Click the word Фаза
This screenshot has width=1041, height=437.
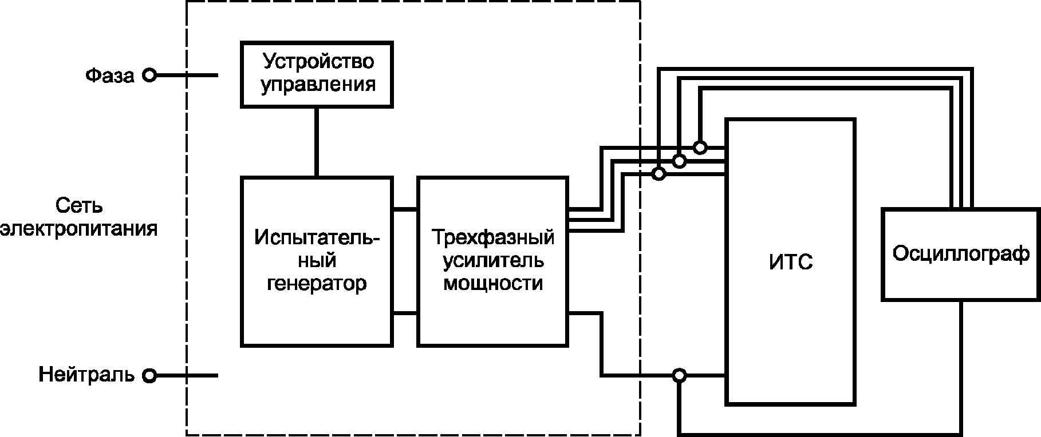[x=110, y=76]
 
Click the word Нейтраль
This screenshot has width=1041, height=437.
[x=86, y=375]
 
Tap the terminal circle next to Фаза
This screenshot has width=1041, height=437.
[x=149, y=75]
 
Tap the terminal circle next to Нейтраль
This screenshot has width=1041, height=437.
[x=149, y=376]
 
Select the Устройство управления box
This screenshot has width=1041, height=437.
[x=317, y=74]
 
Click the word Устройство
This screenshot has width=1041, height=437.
[x=318, y=61]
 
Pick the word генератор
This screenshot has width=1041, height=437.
[x=317, y=284]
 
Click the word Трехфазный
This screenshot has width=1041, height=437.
[x=493, y=237]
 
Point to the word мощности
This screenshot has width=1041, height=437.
[x=493, y=284]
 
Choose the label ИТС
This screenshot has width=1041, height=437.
[x=790, y=263]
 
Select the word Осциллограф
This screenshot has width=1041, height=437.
[x=961, y=253]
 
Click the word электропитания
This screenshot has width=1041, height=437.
[x=79, y=229]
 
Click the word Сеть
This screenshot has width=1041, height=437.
[x=79, y=206]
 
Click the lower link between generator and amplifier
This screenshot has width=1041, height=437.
[x=405, y=313]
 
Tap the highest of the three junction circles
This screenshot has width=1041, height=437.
[x=700, y=147]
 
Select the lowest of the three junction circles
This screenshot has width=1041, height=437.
[x=659, y=173]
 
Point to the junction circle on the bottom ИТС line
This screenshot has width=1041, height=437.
[x=679, y=376]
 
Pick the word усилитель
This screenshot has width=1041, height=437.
[x=493, y=261]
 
